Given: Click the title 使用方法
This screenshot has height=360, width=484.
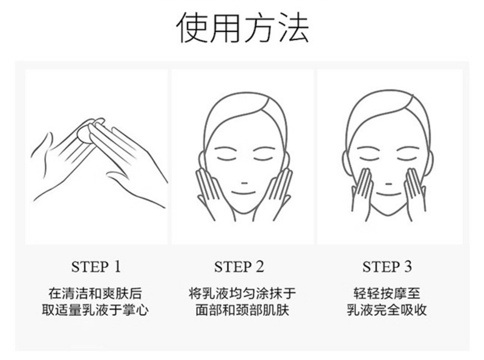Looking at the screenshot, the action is [243, 27].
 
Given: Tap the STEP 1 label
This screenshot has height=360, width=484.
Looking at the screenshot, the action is [96, 267].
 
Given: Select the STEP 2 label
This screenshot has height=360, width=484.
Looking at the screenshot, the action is [239, 267].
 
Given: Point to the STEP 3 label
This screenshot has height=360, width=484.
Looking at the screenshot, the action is [387, 267].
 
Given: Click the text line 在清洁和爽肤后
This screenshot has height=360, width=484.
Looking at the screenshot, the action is [95, 293].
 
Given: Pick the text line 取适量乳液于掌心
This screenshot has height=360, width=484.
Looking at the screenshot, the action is [95, 310].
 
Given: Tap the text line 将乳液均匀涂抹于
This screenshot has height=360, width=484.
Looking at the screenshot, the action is [243, 293].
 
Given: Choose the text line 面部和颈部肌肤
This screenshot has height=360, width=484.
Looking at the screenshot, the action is [243, 310].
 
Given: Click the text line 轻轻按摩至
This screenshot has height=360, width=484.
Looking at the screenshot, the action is [387, 293].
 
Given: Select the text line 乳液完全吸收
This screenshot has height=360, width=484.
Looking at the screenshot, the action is [387, 310].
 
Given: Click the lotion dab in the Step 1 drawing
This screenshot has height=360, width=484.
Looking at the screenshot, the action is [84, 134].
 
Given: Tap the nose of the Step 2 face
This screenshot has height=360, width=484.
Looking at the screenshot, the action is [244, 183].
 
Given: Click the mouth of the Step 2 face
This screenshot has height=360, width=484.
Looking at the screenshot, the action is [244, 193].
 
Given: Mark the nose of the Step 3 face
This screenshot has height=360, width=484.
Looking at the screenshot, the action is [388, 185].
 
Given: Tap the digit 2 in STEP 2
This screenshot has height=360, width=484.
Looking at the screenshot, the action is [260, 267].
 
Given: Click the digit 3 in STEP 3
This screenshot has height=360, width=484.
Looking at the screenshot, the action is [408, 267].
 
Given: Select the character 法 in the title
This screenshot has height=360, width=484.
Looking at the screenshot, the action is [293, 27].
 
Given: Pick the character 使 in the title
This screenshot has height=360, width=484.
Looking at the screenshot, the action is [192, 27].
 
